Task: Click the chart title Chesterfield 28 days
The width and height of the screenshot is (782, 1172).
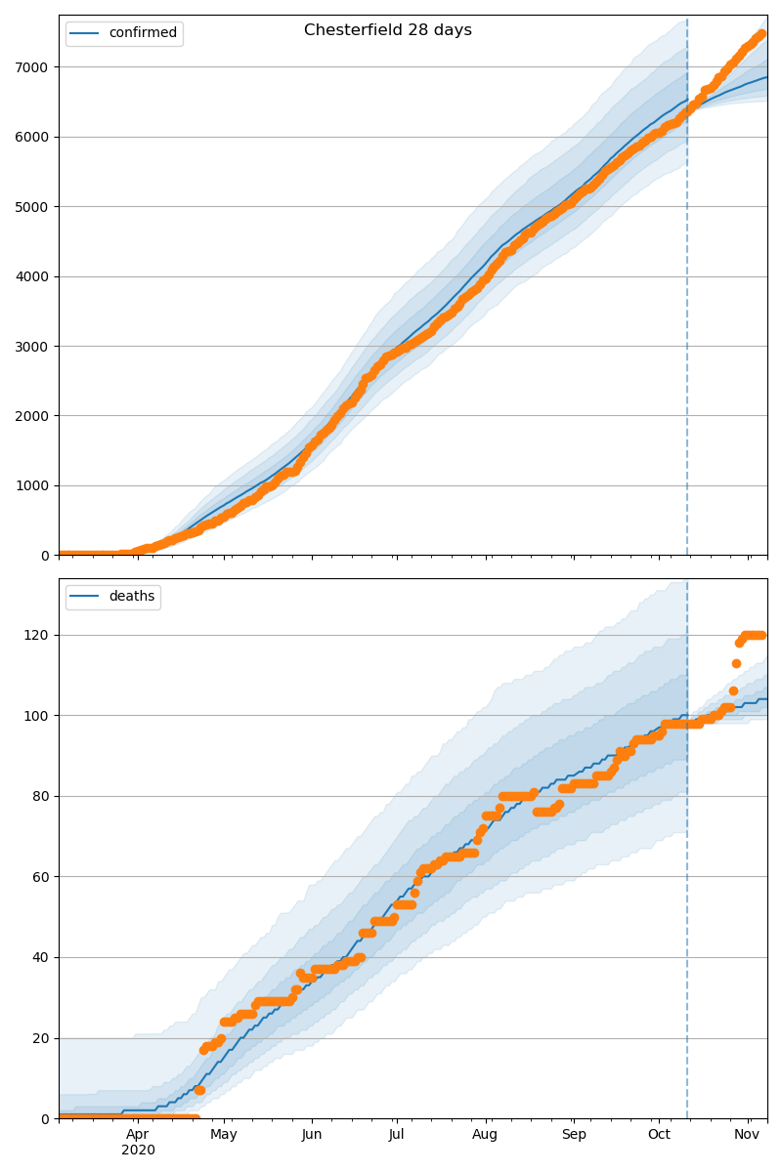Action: tap(387, 30)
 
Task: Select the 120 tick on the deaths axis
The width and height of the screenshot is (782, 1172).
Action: tap(36, 635)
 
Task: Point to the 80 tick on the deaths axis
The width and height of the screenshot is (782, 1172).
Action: tap(40, 796)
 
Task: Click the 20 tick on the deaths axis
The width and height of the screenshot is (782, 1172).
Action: tap(40, 1038)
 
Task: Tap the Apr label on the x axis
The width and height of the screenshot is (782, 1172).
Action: tap(138, 1134)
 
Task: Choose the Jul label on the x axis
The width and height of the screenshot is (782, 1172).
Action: tap(396, 1134)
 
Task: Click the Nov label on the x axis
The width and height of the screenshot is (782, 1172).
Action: tap(748, 1134)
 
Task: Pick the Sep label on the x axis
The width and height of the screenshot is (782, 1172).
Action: tap(574, 1134)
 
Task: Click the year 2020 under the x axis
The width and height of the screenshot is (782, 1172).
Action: tap(138, 1150)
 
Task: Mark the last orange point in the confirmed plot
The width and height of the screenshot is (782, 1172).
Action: tap(761, 34)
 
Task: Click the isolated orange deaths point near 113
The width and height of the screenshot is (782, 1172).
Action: tap(736, 663)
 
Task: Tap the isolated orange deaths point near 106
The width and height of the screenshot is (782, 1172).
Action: tap(733, 691)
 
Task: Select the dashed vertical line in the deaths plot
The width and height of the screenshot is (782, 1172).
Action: tap(687, 879)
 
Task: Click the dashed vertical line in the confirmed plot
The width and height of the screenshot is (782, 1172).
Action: tap(687, 293)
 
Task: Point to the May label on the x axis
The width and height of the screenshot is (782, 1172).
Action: tap(224, 1134)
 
